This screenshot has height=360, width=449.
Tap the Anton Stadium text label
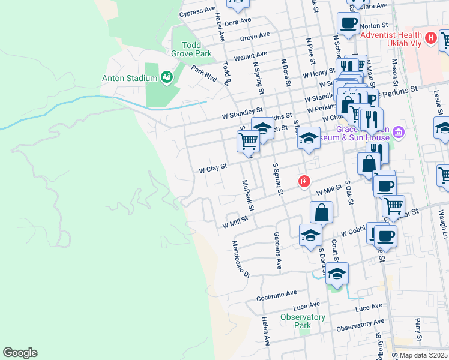click(x=130, y=77)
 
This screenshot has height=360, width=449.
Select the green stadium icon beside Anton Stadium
click(x=166, y=77)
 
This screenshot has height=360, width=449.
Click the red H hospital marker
click(x=430, y=38)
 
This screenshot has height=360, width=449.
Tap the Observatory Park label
click(x=303, y=321)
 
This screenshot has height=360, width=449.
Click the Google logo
click(x=20, y=353)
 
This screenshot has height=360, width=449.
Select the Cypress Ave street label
click(x=197, y=11)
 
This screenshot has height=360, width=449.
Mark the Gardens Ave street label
click(x=277, y=250)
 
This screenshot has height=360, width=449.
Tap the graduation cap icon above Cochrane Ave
click(x=337, y=274)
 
